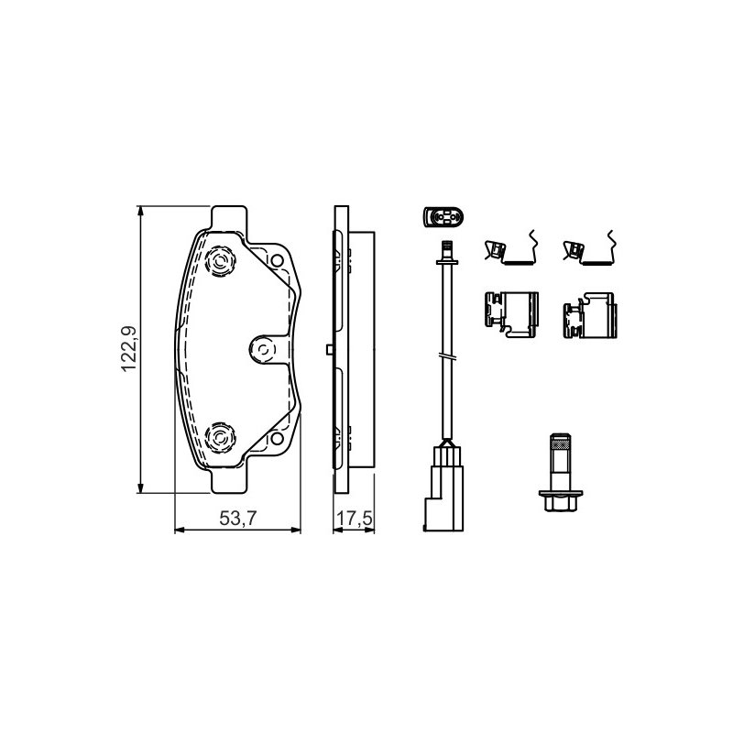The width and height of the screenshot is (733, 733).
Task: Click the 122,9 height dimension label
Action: pos(128,349)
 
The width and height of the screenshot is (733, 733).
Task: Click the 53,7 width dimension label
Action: pos(238,518)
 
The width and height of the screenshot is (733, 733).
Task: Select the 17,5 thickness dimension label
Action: pos(355,518)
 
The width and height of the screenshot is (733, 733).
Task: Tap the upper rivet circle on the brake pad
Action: pos(220,260)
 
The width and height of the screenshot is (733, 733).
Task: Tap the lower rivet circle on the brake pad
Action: pos(220,438)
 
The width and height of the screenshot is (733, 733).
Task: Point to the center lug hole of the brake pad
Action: pos(263,349)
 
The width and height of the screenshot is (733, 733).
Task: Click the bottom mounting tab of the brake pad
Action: pos(228,480)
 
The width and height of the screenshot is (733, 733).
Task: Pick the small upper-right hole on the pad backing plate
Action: pos(277,260)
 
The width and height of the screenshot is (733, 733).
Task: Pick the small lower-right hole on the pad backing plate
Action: pos(277,438)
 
